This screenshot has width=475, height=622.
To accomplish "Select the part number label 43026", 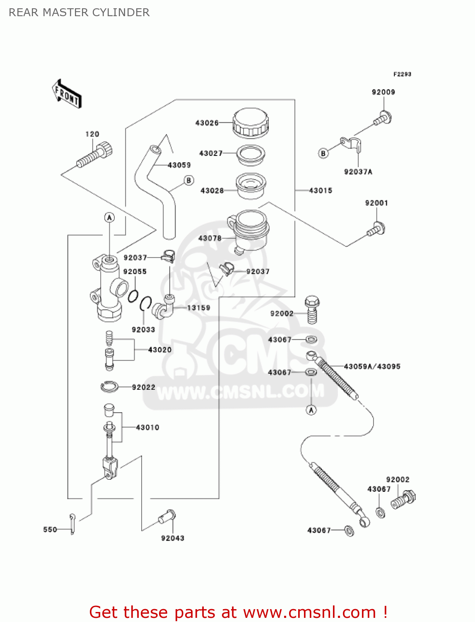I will pyautogui.click(x=207, y=123).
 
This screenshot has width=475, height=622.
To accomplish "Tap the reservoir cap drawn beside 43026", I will pyautogui.click(x=251, y=123).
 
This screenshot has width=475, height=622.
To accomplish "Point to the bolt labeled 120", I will pyautogui.click(x=95, y=155).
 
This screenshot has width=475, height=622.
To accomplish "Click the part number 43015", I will pyautogui.click(x=321, y=190).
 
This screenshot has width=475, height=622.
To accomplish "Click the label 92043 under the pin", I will pyautogui.click(x=172, y=538).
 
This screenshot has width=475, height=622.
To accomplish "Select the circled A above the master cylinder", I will pyautogui.click(x=109, y=218).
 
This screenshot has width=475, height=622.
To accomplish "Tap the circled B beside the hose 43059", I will pyautogui.click(x=189, y=180).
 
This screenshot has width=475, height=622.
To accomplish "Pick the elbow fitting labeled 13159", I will pyautogui.click(x=163, y=308).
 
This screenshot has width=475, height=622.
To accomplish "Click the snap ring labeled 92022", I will pyautogui.click(x=109, y=387).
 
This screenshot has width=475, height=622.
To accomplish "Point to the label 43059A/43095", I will pyautogui.click(x=372, y=367).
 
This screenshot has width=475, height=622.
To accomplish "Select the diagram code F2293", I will pyautogui.click(x=402, y=74).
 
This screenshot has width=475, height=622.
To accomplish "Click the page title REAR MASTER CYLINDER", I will pyautogui.click(x=79, y=12).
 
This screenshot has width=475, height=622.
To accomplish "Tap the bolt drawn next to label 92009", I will pyautogui.click(x=383, y=118).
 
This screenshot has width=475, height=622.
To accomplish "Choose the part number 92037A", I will pyautogui.click(x=358, y=172).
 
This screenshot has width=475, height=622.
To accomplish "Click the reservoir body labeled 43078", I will pyautogui.click(x=248, y=230).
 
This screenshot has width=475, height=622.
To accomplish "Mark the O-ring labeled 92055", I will pyautogui.click(x=133, y=296).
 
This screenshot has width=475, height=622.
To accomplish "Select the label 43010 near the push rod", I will pyautogui.click(x=147, y=428).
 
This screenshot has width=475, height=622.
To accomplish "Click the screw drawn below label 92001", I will pyautogui.click(x=376, y=229).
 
